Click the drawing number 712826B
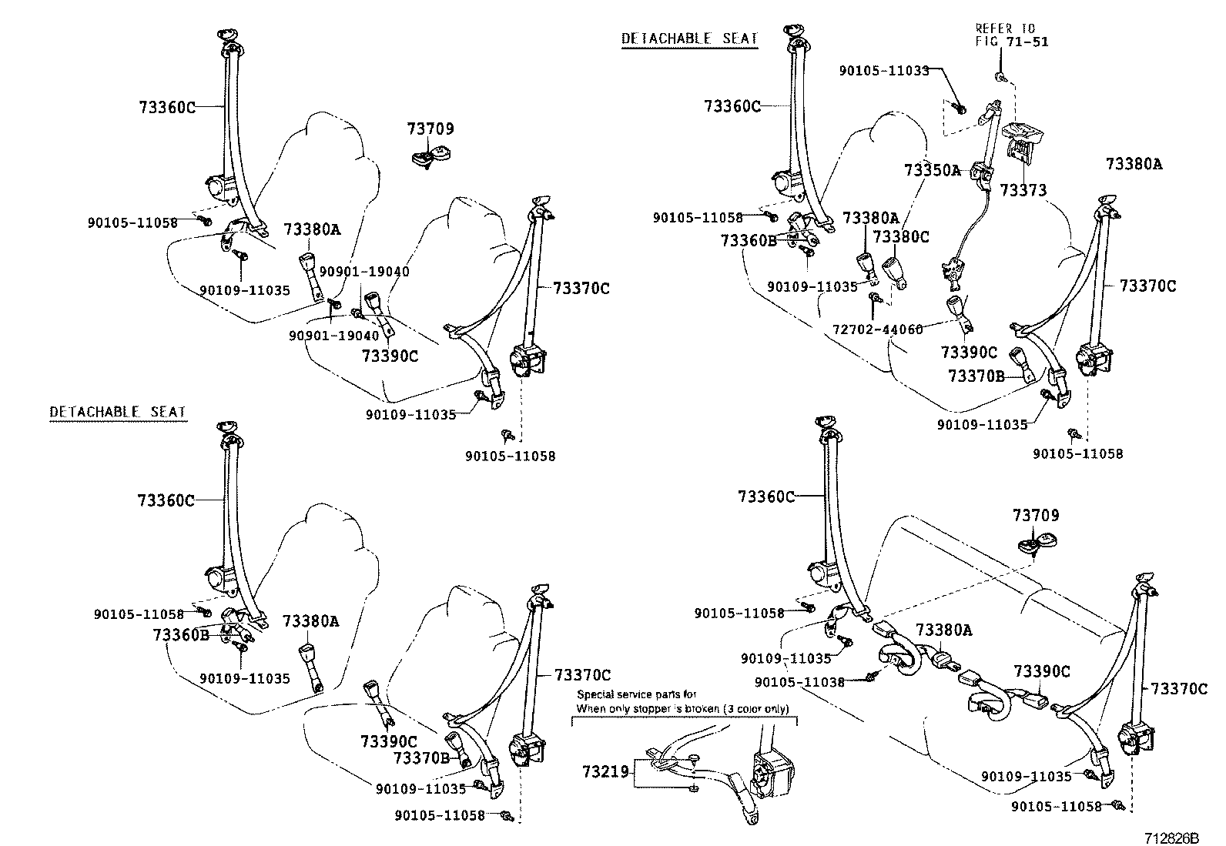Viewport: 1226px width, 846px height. point(1171,837)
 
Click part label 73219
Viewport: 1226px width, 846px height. point(605,770)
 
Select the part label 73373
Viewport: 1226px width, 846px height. point(1023,189)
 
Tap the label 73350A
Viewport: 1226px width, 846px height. point(933,170)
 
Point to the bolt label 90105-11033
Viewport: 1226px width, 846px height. point(885,70)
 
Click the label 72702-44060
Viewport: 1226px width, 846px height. point(877,329)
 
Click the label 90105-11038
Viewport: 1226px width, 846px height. point(799,682)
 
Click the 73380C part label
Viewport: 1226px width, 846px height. point(901,237)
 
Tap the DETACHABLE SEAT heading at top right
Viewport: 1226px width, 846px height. point(689,38)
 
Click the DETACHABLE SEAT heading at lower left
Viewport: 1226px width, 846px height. point(118,412)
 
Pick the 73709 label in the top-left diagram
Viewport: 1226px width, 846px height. point(430,129)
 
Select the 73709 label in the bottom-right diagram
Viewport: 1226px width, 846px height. point(1036,515)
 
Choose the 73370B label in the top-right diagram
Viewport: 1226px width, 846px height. point(976,376)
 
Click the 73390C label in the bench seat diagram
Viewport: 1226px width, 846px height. point(1042,671)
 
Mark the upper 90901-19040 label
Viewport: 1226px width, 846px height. point(364,272)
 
